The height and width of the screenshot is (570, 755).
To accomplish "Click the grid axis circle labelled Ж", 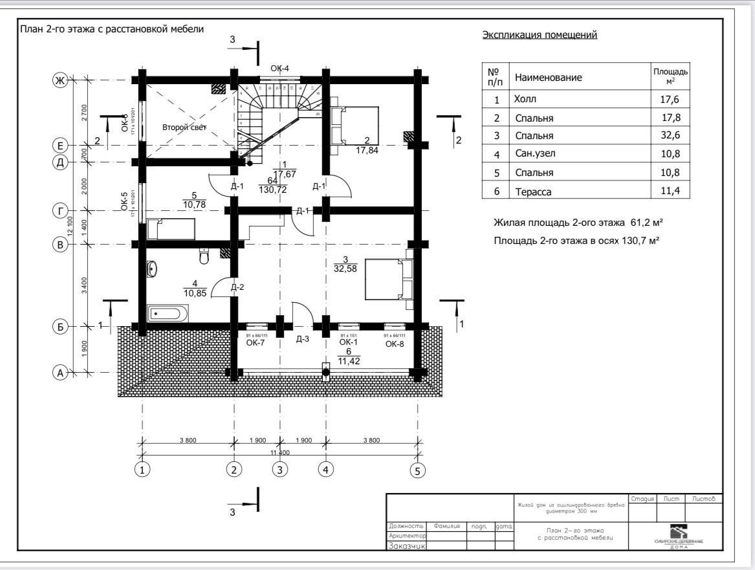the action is click(60, 81).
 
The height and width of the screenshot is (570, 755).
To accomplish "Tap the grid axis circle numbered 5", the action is click(418, 471).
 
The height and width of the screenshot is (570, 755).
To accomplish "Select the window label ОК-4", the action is click(279, 69).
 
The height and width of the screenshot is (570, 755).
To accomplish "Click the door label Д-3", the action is click(302, 338).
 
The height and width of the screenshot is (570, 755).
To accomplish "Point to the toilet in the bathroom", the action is click(204, 257).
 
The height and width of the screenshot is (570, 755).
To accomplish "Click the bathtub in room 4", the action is click(168, 314).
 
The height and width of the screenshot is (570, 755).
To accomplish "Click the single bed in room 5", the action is click(171, 229).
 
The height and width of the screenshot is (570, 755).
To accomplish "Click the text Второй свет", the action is click(184, 127).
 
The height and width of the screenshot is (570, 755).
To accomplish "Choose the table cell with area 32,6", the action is click(670, 136).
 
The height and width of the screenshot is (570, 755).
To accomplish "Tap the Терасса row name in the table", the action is click(535, 192).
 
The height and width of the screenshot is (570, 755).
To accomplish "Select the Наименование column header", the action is click(548, 78).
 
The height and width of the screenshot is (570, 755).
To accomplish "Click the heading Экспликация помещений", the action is click(540, 35).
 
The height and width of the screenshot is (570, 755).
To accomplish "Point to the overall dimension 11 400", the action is click(280, 452).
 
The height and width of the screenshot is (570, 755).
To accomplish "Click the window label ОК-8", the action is click(395, 344).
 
